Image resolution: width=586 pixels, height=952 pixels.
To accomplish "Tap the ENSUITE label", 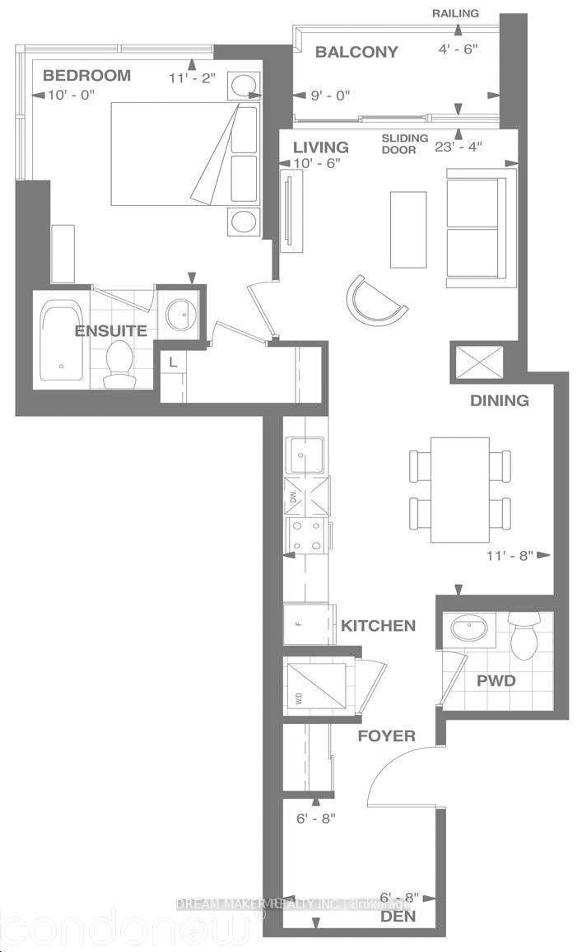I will [x=111, y=331].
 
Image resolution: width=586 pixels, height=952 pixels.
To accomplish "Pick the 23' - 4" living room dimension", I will [x=458, y=147].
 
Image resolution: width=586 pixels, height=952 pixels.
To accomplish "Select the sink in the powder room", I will [x=469, y=629].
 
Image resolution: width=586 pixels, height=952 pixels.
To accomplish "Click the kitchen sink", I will [x=305, y=455].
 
